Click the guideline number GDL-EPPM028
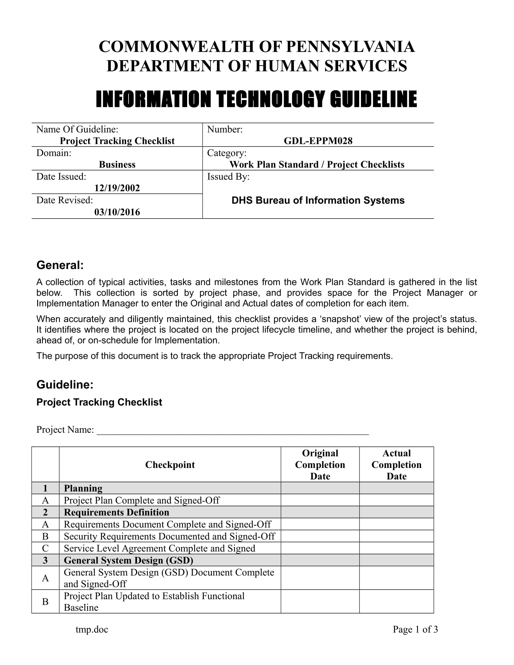tap(318, 141)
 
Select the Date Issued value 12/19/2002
tap(117, 188)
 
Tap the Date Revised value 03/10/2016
tap(117, 212)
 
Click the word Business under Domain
tap(117, 164)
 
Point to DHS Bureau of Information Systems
tap(318, 200)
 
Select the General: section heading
tap(60, 265)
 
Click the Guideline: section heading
tap(65, 384)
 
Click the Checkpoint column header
tap(170, 465)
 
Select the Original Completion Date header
tap(320, 465)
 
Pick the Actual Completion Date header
tap(396, 465)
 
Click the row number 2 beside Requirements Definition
tap(45, 512)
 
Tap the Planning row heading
tap(83, 488)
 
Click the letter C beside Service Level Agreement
tap(45, 548)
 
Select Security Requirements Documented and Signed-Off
tap(169, 536)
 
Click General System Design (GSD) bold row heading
tap(128, 560)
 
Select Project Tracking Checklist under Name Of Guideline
tap(117, 141)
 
